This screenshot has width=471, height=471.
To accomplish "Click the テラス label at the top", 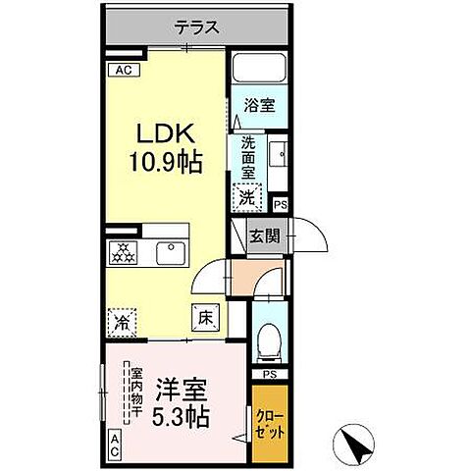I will (197, 28).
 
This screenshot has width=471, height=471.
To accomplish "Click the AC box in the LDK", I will (123, 70).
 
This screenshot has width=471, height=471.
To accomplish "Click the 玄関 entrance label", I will (262, 237).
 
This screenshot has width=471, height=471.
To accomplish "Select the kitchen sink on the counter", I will (167, 253).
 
